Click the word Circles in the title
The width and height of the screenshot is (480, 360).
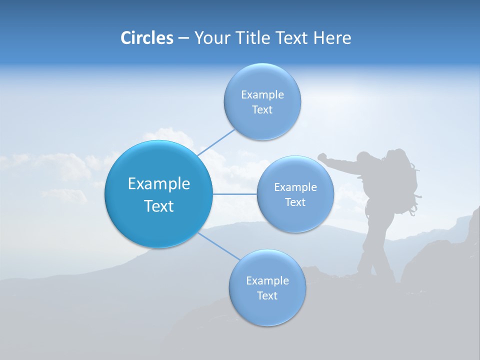pos(147,38)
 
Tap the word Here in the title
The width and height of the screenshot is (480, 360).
pos(332,38)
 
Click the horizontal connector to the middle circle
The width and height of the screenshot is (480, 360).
pos(234,194)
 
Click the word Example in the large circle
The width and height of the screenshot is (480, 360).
pos(159,184)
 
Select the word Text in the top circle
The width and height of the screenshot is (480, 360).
pos(262,110)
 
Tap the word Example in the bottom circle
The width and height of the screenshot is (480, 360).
pos(267,281)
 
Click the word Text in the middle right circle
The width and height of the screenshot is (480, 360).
pos(295,202)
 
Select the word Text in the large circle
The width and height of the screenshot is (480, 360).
pos(159,206)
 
